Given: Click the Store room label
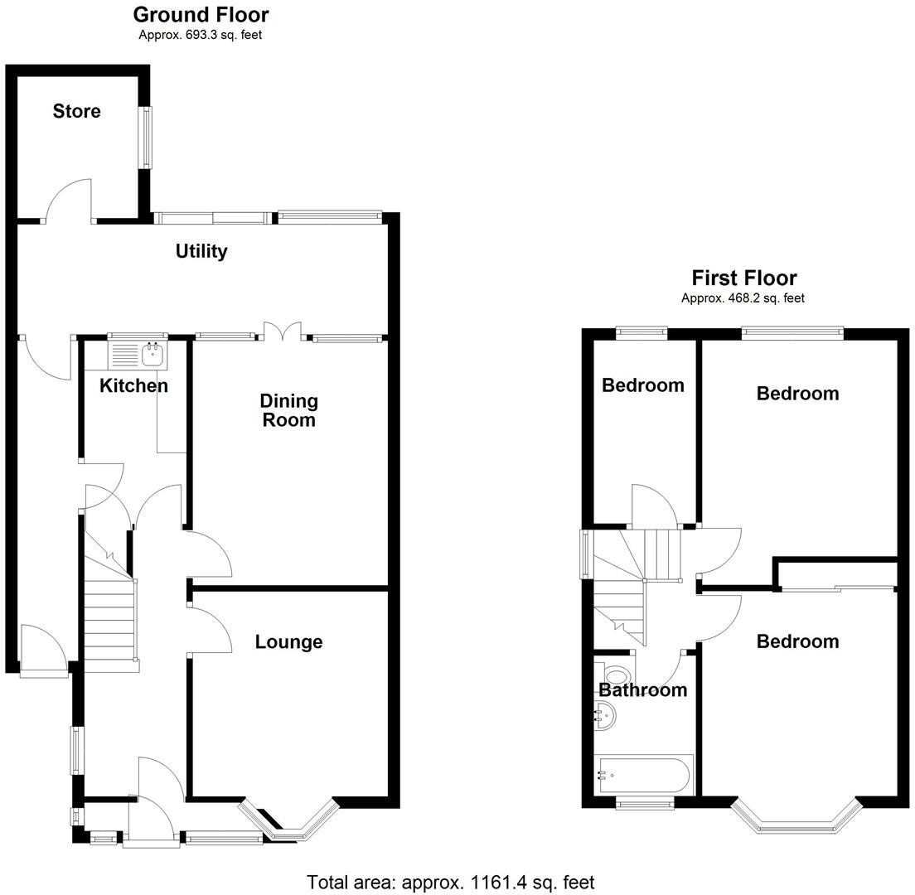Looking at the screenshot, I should tap(76, 111).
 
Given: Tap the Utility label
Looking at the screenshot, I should tap(201, 251).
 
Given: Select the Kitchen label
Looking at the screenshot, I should tap(133, 385).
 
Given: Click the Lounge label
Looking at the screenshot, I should tap(288, 641).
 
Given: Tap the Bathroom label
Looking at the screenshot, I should tap(643, 689).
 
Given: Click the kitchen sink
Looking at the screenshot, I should tap(152, 355).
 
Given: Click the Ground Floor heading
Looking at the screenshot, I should tap(201, 14).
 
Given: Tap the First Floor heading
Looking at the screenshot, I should tap(743, 278).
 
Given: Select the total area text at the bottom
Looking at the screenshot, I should tap(450, 883).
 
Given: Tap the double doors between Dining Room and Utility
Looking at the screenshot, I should tap(283, 331).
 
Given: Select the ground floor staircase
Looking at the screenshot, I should tap(109, 622).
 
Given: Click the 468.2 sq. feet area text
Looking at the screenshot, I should tap(743, 298).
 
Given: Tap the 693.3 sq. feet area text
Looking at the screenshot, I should tap(201, 35).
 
